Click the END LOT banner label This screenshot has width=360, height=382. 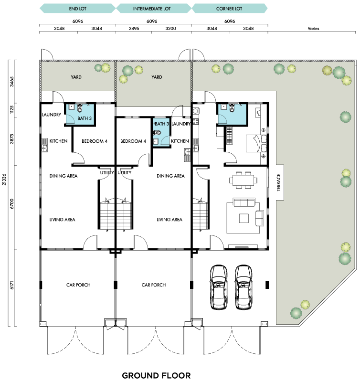click(78, 9)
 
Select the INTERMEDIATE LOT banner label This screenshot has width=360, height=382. click(152, 9)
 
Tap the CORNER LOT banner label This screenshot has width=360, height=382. click(229, 9)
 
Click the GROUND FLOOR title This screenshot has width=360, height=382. click(156, 375)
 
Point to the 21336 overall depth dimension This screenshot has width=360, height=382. click(4, 180)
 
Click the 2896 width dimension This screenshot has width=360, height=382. click(134, 29)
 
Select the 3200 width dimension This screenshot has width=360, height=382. click(170, 29)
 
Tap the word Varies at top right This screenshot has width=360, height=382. click(313, 29)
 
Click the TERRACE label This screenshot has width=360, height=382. click(279, 182)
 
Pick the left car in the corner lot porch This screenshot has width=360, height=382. click(219, 287)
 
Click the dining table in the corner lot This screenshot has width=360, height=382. click(243, 180)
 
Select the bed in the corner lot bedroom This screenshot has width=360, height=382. click(256, 143)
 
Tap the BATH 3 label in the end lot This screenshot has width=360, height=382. click(85, 118)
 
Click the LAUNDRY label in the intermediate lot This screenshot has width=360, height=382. click(181, 124)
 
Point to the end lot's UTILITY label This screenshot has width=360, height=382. click(107, 172)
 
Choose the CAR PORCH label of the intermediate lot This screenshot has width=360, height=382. click(154, 285)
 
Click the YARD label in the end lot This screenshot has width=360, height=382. click(76, 77)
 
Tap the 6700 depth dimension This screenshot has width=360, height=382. click(12, 204)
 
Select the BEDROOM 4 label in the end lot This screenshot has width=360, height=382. click(95, 141)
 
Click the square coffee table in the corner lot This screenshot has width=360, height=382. click(244, 218)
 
